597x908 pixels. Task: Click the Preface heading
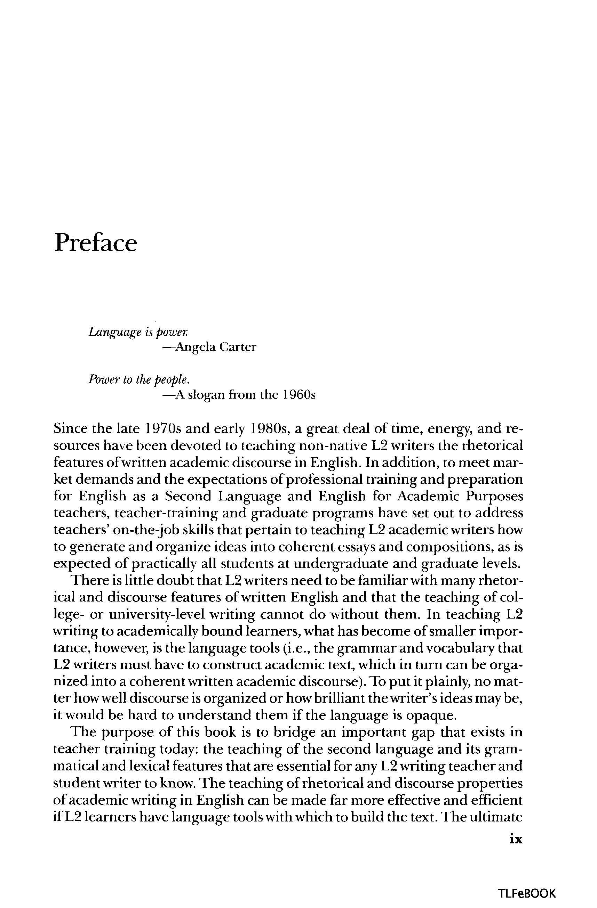pyautogui.click(x=95, y=243)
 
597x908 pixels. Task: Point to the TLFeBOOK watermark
pyautogui.click(x=527, y=893)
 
